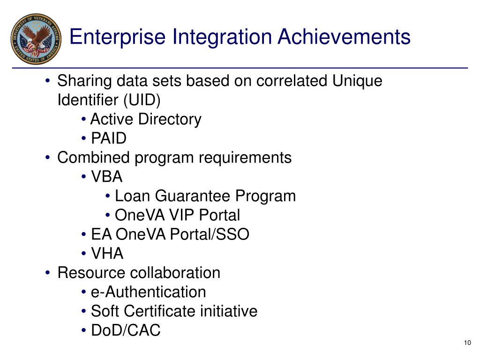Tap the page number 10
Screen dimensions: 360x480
(466, 343)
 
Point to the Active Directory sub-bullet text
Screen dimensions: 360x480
(145, 119)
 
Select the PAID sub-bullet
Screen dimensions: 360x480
(108, 138)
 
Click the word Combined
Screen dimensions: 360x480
(94, 157)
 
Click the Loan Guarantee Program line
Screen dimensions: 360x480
(205, 196)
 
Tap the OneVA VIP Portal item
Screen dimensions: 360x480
(177, 215)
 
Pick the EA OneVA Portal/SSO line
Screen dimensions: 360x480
(170, 234)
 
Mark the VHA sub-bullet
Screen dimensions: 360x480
(107, 254)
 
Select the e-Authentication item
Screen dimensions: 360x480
(148, 292)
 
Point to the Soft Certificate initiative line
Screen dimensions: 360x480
(174, 311)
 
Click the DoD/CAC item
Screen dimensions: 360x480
(125, 330)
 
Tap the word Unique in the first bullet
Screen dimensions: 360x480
(357, 81)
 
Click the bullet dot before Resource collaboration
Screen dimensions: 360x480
(48, 273)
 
